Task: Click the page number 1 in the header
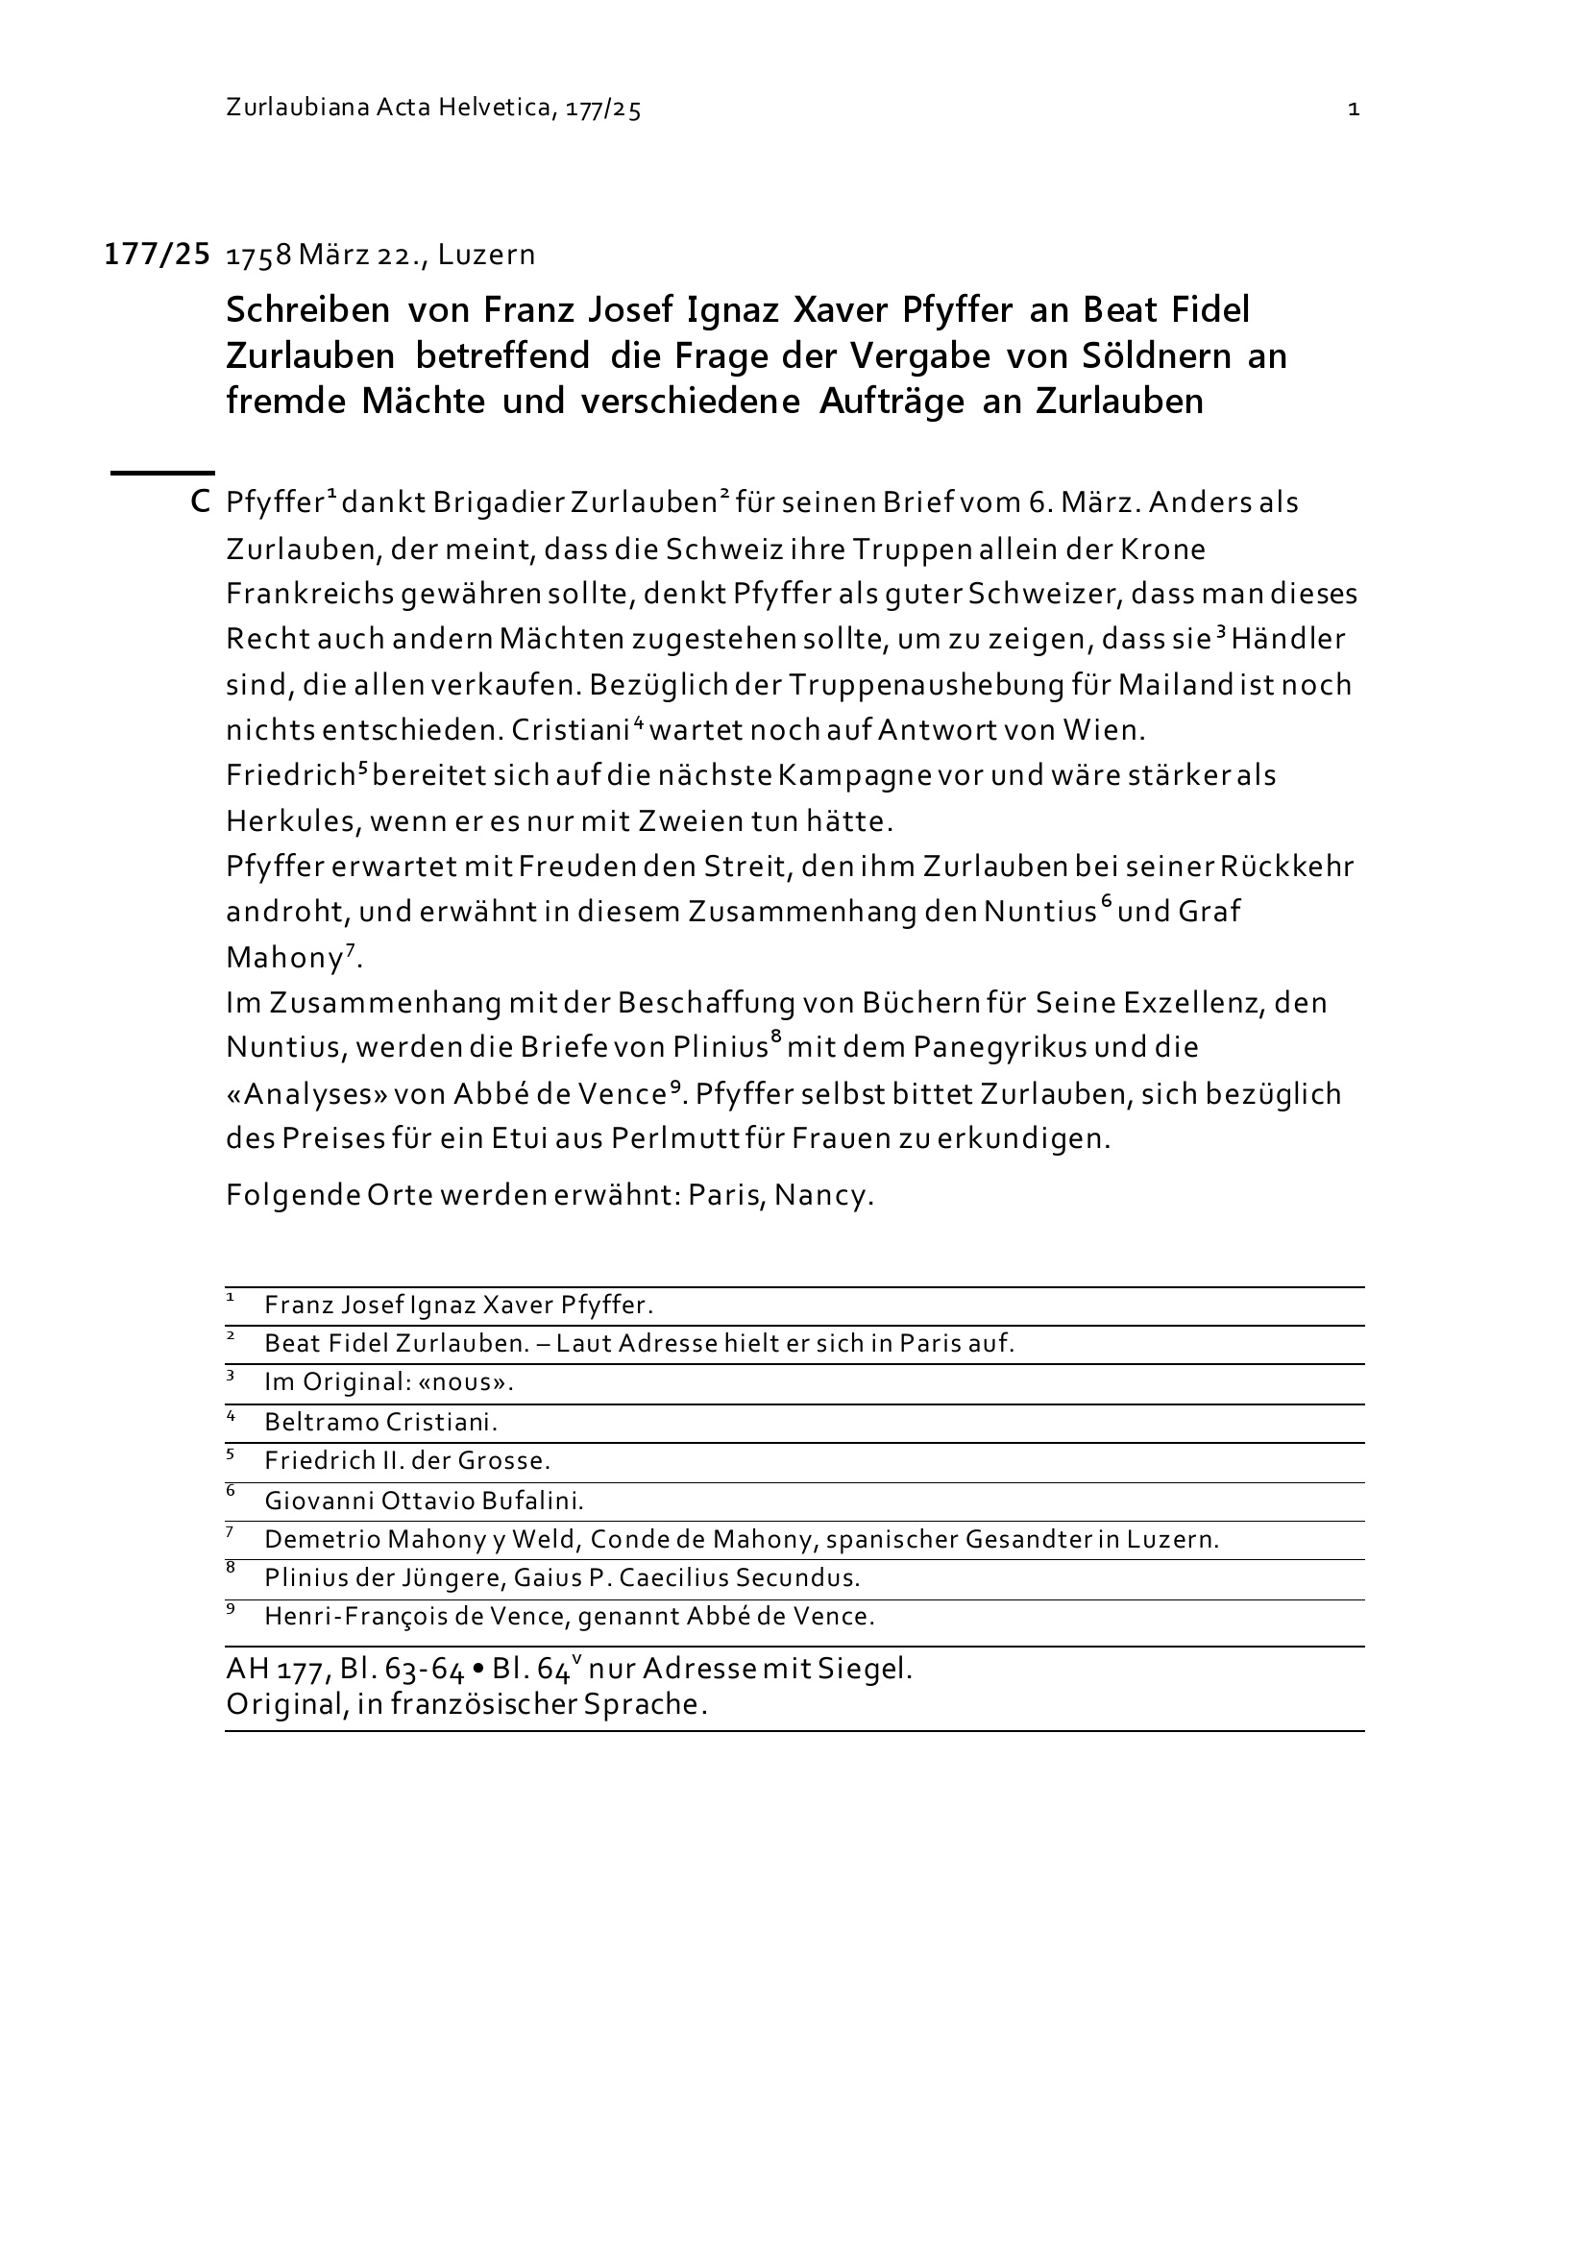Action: [1355, 110]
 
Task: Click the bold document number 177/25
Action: [157, 256]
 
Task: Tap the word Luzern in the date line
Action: [486, 256]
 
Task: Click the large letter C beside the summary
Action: [201, 502]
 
